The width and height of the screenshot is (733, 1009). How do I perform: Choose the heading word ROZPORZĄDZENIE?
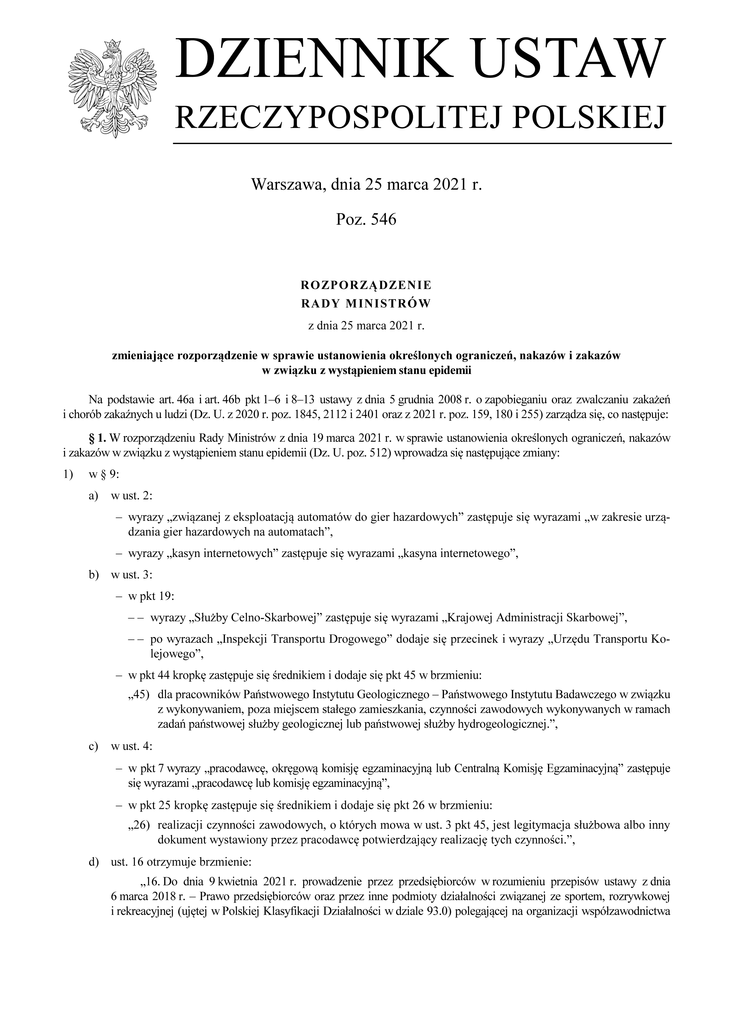pos(366,284)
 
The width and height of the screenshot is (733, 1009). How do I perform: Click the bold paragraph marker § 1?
pos(98,439)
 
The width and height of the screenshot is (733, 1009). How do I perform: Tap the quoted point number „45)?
pos(138,695)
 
